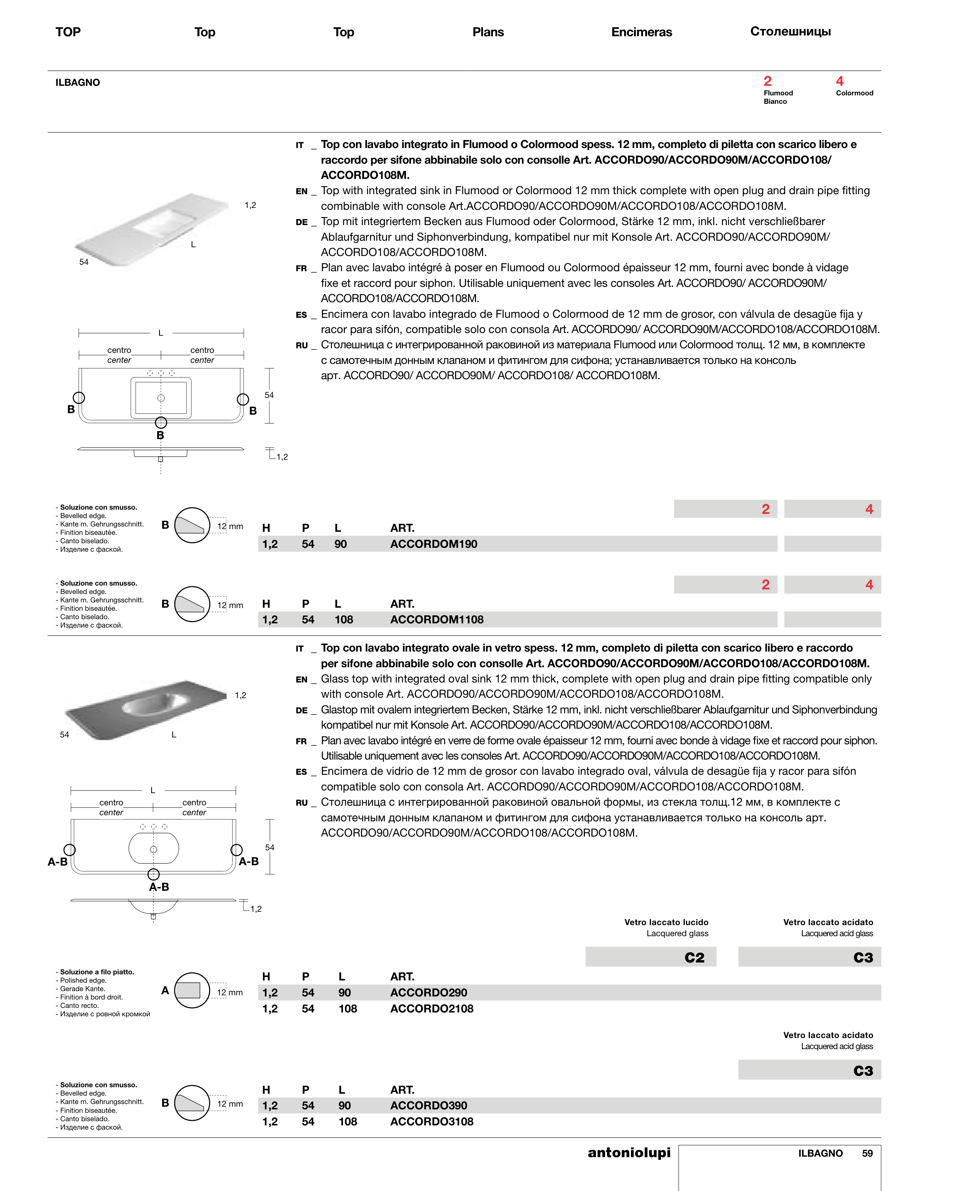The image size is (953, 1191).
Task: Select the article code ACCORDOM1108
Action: (x=436, y=620)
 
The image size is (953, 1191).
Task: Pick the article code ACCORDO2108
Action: (x=431, y=1009)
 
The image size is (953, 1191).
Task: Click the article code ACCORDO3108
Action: (x=431, y=1122)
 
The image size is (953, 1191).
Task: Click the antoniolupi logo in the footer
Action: (x=629, y=1152)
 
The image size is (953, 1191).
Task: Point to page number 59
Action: (x=868, y=1154)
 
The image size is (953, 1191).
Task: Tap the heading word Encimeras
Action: (x=641, y=32)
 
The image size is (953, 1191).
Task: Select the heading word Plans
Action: (x=488, y=32)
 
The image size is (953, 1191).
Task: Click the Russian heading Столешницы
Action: (x=790, y=32)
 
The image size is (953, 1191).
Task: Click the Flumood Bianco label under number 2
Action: (x=778, y=97)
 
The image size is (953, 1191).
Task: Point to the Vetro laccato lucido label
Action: (x=666, y=922)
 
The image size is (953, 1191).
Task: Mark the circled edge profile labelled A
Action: (x=192, y=990)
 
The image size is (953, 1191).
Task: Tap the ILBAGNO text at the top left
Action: (x=77, y=83)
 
